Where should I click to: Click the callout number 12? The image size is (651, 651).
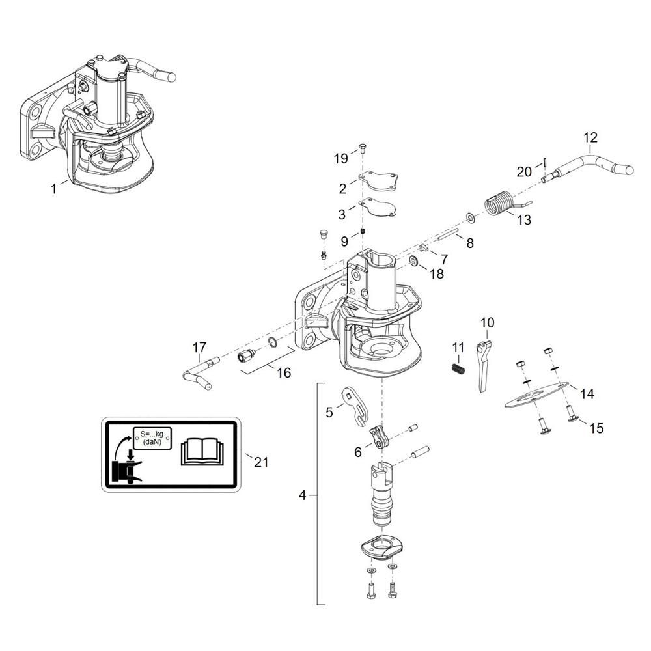point(590,137)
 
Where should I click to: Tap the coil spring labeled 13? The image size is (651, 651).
point(500,203)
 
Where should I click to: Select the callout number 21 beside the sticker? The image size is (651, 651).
point(261,462)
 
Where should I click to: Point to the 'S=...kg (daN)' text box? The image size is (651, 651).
point(152,438)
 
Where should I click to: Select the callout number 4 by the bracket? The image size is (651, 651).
point(302,495)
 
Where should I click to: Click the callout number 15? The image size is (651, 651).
point(596,428)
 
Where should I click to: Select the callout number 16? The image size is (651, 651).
point(284,372)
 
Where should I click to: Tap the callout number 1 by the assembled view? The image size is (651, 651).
point(53,189)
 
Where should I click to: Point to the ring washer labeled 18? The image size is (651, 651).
point(414,261)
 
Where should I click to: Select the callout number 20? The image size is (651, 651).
point(524,171)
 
